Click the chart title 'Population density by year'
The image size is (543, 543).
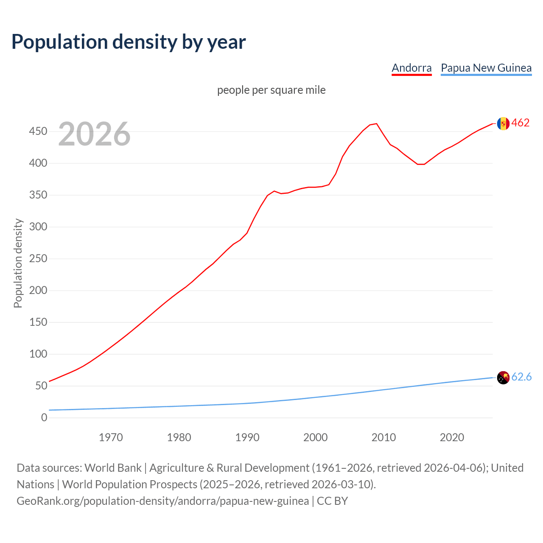(129, 42)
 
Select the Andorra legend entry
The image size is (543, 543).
(411, 68)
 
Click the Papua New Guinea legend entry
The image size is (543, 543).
(486, 68)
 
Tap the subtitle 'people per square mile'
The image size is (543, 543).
(271, 90)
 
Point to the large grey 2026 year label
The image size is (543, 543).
(94, 134)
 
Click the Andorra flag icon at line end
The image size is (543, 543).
(503, 123)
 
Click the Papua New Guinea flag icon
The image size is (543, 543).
(503, 377)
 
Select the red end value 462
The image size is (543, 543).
(521, 123)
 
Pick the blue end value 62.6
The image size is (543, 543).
(521, 377)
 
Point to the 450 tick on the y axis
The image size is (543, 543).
(38, 132)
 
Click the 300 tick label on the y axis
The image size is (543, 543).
(38, 227)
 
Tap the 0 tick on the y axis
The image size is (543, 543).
(44, 418)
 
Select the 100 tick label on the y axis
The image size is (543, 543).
(38, 354)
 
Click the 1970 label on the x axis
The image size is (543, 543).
(111, 437)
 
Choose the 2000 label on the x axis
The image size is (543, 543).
(315, 437)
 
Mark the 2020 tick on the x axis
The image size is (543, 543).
(452, 437)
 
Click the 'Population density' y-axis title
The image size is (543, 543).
(18, 263)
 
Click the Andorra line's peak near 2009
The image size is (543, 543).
(376, 124)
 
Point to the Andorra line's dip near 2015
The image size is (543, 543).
(420, 164)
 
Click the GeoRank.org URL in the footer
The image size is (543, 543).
(162, 501)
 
